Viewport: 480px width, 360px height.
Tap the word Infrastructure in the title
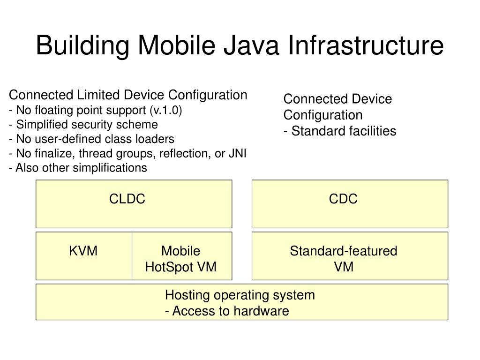click(x=365, y=45)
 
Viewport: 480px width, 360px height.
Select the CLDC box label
click(x=127, y=199)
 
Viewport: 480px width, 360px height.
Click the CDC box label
click(x=343, y=199)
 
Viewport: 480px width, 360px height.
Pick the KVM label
click(x=83, y=251)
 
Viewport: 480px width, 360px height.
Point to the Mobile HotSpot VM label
click(x=181, y=259)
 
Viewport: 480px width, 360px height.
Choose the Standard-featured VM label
click(x=343, y=259)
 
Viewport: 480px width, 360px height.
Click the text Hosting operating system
click(x=240, y=295)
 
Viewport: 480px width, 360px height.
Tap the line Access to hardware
click(x=227, y=311)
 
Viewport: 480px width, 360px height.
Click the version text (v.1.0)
click(x=166, y=111)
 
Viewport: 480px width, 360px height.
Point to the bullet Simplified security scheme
click(x=83, y=125)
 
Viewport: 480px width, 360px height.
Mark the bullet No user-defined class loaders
click(x=91, y=139)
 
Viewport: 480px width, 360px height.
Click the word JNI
click(x=237, y=153)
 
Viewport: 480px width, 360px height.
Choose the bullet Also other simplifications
click(x=78, y=168)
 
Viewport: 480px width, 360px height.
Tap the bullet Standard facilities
click(x=340, y=131)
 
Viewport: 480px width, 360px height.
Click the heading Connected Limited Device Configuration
click(x=128, y=95)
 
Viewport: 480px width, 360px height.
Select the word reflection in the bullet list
click(x=181, y=153)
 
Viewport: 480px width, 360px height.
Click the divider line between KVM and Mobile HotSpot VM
click(x=132, y=255)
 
